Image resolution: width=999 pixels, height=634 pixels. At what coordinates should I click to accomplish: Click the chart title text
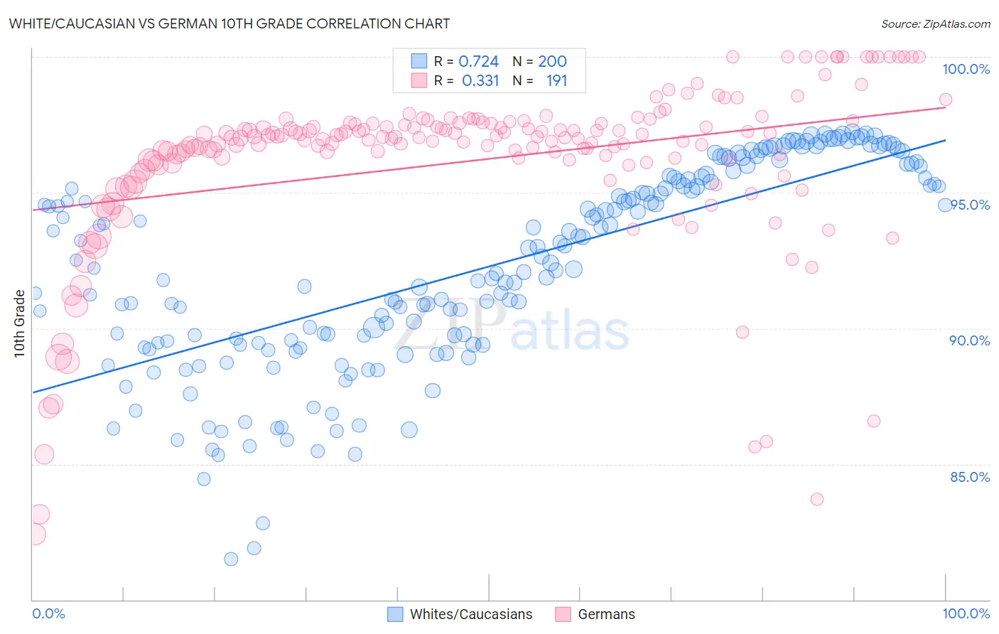pyautogui.click(x=229, y=23)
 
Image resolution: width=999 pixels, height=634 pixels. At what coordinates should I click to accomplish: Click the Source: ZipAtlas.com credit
pyautogui.click(x=935, y=23)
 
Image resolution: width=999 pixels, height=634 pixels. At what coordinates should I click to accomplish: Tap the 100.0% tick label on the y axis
pyautogui.click(x=966, y=69)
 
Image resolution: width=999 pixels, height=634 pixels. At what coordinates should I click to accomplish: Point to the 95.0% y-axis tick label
pyautogui.click(x=970, y=205)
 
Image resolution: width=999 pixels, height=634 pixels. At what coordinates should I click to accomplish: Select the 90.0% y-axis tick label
pyautogui.click(x=969, y=340)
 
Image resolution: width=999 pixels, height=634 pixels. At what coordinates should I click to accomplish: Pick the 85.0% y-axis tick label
pyautogui.click(x=969, y=477)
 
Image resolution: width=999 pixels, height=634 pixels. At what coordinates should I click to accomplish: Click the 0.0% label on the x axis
pyautogui.click(x=48, y=613)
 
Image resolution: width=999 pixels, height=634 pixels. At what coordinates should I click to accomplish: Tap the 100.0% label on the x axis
pyautogui.click(x=966, y=613)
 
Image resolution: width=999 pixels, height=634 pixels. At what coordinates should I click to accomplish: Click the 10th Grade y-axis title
pyautogui.click(x=20, y=323)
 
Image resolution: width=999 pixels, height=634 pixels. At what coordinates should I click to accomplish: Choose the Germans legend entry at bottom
pyautogui.click(x=606, y=614)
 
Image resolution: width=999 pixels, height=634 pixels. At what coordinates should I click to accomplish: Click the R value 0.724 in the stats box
pyautogui.click(x=478, y=61)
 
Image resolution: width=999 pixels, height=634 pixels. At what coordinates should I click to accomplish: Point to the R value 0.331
pyautogui.click(x=480, y=81)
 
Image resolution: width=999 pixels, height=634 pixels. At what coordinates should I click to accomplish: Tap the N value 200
pyautogui.click(x=552, y=61)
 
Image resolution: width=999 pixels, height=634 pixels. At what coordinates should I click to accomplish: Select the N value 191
pyautogui.click(x=556, y=81)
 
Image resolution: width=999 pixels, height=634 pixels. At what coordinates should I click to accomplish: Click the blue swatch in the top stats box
pyautogui.click(x=419, y=61)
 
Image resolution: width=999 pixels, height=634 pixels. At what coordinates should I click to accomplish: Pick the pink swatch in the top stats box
pyautogui.click(x=419, y=81)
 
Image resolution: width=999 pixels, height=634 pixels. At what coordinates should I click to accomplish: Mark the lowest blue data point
pyautogui.click(x=231, y=559)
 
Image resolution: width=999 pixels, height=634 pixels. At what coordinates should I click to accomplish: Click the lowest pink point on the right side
pyautogui.click(x=817, y=500)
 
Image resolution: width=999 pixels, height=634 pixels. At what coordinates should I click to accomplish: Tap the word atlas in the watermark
pyautogui.click(x=570, y=331)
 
